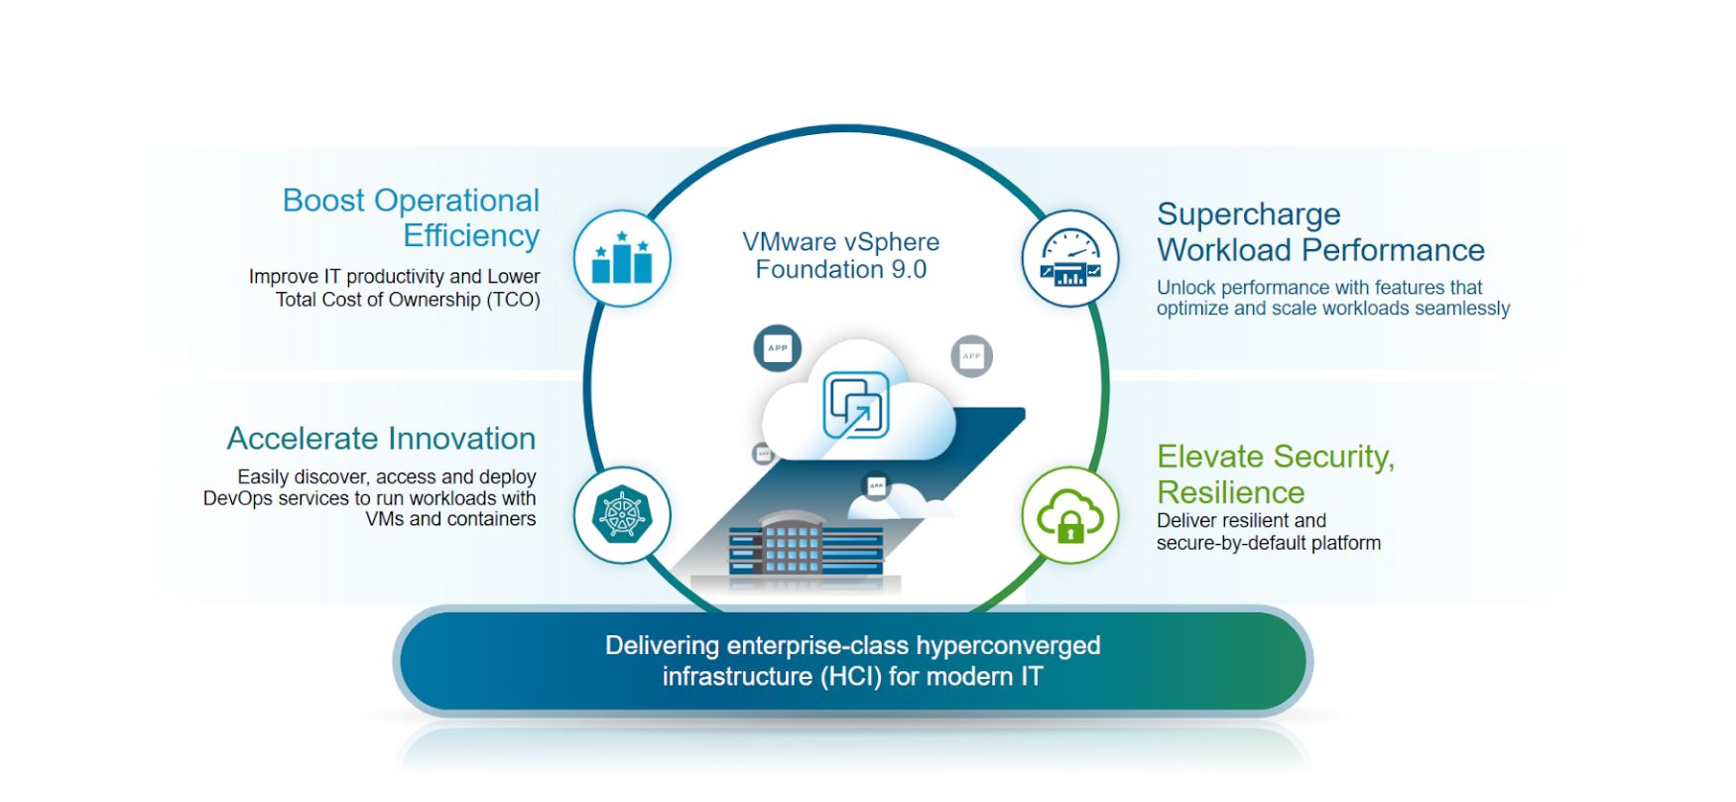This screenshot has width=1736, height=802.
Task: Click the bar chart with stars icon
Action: click(622, 258)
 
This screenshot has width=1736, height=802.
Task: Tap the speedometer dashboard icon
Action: click(1070, 258)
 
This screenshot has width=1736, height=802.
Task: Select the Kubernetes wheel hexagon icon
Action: click(622, 515)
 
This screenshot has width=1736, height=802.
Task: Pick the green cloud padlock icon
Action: click(1070, 515)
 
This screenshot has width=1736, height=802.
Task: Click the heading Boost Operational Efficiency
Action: click(411, 217)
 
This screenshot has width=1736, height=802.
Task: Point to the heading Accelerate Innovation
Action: click(381, 439)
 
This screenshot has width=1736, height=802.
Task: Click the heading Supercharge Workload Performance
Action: click(1320, 232)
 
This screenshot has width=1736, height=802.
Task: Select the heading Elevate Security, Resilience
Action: click(1275, 473)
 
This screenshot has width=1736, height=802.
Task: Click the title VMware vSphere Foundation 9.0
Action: click(841, 255)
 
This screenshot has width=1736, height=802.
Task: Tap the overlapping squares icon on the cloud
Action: click(856, 405)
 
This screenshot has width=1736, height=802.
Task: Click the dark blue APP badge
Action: click(778, 348)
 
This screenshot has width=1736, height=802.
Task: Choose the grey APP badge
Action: click(971, 356)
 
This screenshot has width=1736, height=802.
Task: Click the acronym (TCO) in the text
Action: click(513, 300)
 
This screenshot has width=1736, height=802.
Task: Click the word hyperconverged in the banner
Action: click(1008, 646)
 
